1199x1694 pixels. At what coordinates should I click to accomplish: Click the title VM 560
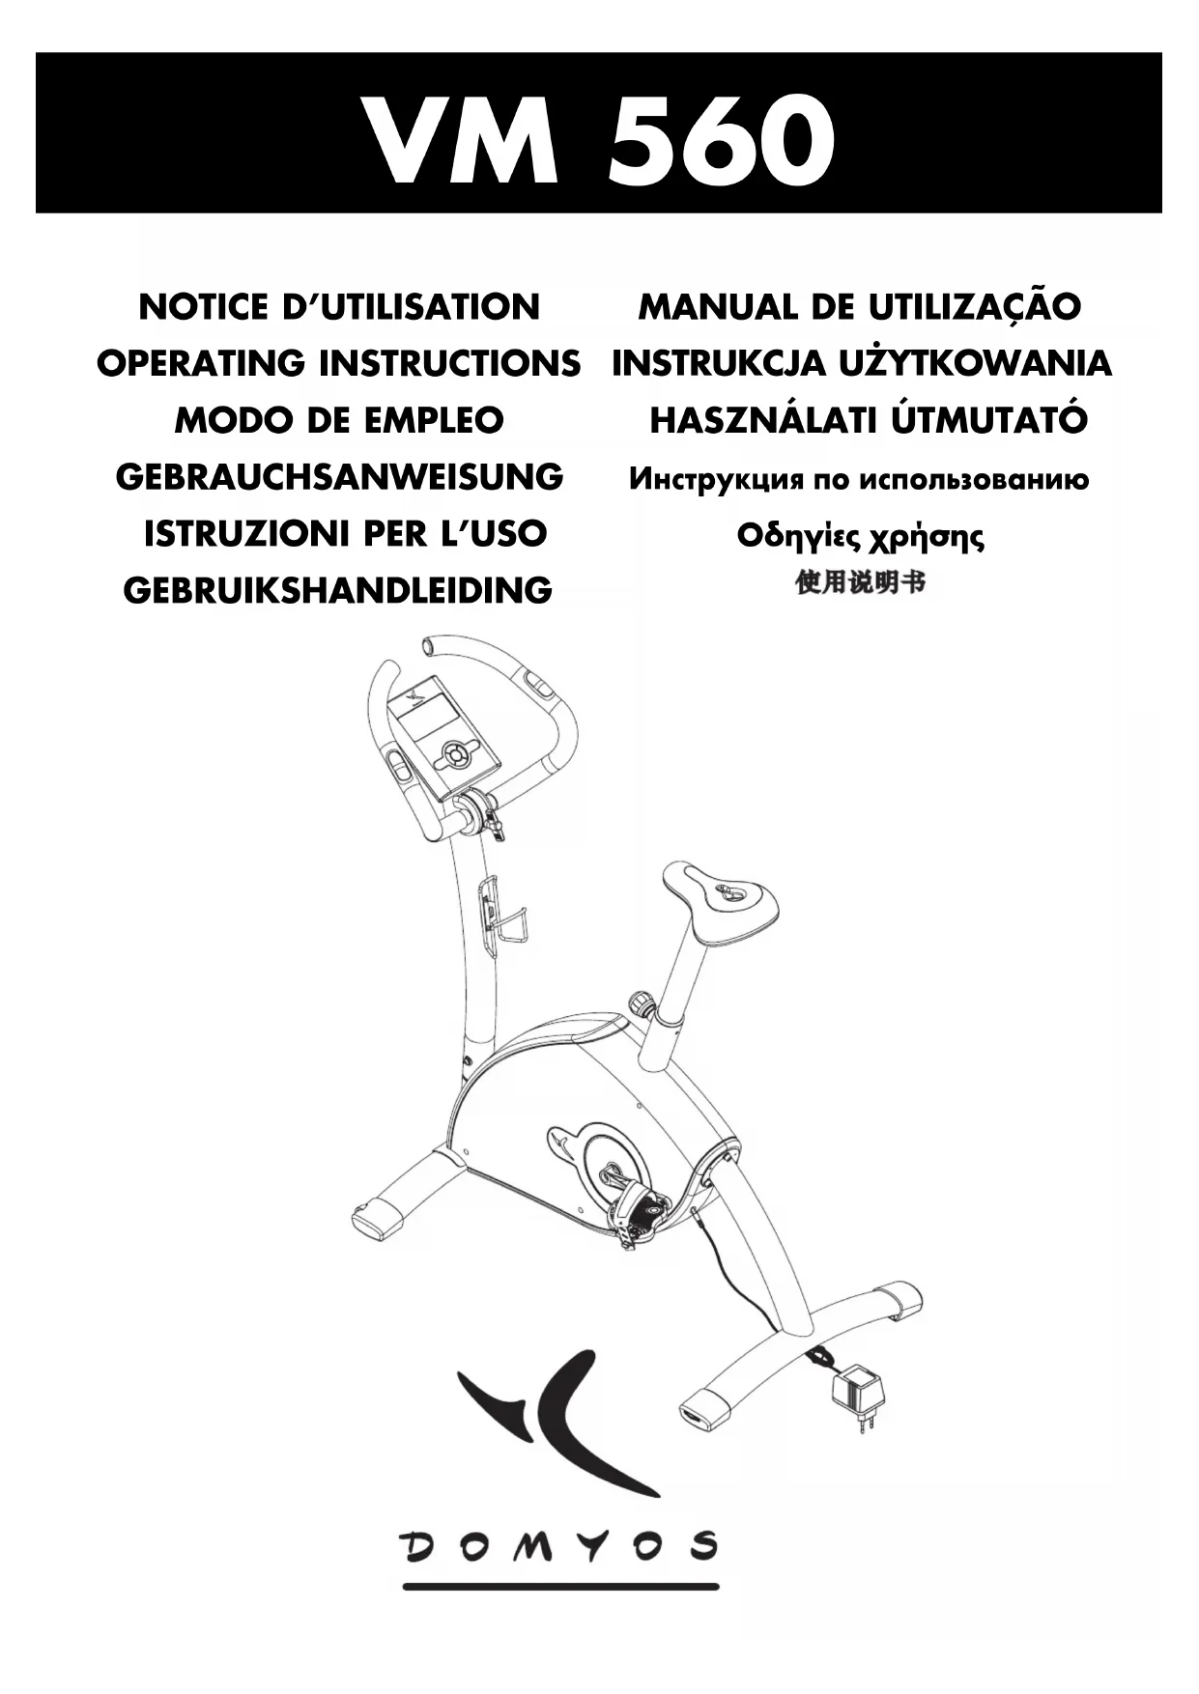point(598,141)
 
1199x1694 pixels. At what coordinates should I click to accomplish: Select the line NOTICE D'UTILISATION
point(339,307)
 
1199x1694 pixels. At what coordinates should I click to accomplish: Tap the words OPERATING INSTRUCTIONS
point(339,363)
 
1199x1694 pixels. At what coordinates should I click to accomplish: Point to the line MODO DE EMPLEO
point(339,420)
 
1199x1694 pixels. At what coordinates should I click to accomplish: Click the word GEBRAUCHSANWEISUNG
point(339,477)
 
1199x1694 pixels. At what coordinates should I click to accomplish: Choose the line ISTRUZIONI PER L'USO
point(345,533)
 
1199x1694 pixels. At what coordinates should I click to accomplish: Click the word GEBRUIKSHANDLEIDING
point(338,590)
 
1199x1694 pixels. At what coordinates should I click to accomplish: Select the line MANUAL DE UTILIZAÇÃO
point(859,307)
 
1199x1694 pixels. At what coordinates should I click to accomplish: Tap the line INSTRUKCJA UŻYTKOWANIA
point(862,363)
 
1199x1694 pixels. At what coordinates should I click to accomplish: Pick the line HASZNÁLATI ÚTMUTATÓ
point(868,420)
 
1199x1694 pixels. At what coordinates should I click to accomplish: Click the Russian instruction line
point(859,479)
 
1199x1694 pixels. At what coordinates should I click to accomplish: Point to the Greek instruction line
point(860,536)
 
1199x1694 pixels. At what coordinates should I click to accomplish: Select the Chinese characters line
point(860,583)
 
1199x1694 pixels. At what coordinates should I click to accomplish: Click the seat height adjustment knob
point(641,1002)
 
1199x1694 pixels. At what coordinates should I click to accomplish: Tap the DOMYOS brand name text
point(560,1546)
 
